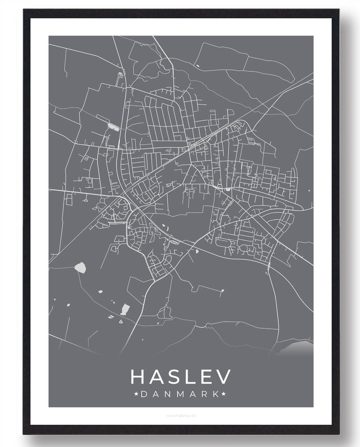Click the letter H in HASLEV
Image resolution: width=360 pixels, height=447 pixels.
[x=138, y=377]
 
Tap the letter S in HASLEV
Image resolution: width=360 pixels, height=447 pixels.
[x=176, y=377]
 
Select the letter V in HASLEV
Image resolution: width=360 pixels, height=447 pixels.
[x=223, y=377]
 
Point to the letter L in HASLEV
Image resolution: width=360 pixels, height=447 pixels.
[x=192, y=377]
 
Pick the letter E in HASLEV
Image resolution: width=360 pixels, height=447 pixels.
[x=207, y=377]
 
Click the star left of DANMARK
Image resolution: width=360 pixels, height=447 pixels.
[x=136, y=394]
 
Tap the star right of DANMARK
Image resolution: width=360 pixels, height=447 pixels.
[x=224, y=394]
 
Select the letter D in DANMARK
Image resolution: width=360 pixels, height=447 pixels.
[x=143, y=394]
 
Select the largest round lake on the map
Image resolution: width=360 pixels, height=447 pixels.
[x=80, y=267]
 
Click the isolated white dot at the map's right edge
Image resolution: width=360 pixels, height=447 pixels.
[x=308, y=190]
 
